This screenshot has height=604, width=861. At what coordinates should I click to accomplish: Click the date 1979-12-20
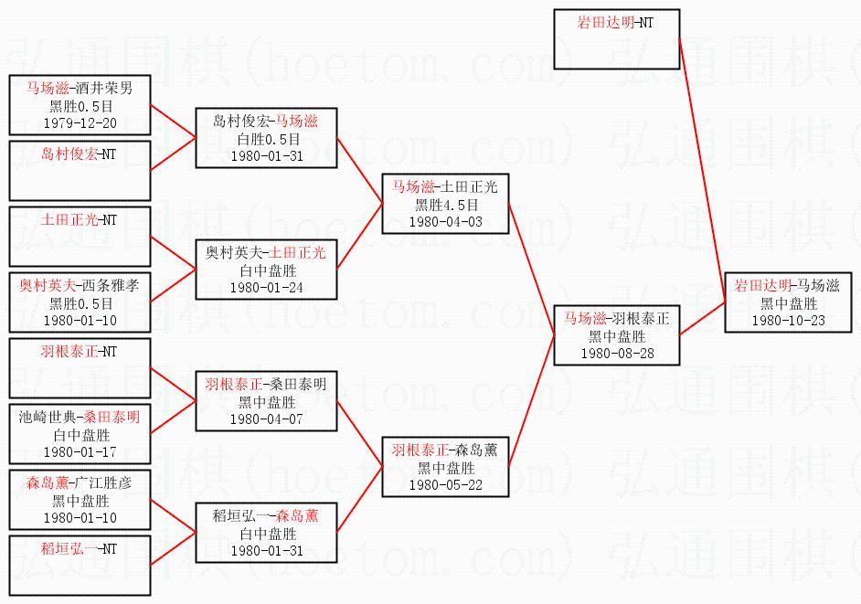[x=80, y=122]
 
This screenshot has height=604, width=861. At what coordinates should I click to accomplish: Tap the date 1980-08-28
[x=617, y=353]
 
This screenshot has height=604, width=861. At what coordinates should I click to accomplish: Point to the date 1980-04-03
[x=445, y=221]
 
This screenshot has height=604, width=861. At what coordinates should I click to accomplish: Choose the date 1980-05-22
[x=445, y=484]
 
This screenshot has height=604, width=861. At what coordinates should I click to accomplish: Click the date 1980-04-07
[x=265, y=419]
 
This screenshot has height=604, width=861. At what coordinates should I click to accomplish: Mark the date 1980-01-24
[x=265, y=287]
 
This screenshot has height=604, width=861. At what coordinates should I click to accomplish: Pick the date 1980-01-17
[x=80, y=451]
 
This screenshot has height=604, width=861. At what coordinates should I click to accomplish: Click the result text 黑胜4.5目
[x=445, y=205]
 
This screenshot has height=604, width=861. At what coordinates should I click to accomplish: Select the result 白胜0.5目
[x=265, y=139]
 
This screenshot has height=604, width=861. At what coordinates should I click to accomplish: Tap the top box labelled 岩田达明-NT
[x=616, y=39]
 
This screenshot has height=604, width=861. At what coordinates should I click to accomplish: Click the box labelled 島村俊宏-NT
[x=80, y=170]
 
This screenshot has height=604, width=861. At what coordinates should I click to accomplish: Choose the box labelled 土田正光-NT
[x=80, y=236]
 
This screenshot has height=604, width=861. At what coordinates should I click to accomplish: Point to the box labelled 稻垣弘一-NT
[x=80, y=564]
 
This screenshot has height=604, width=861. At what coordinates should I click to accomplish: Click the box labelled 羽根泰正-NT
[x=80, y=367]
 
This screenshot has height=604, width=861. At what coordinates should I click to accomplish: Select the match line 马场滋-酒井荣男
[x=80, y=90]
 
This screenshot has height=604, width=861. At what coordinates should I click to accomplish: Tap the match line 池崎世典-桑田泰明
[x=80, y=418]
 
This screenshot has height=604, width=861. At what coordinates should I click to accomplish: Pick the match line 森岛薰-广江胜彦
[x=80, y=484]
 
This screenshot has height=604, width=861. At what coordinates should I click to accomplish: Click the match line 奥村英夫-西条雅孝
[x=80, y=286]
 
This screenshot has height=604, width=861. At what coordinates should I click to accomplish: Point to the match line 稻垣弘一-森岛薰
[x=265, y=517]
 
